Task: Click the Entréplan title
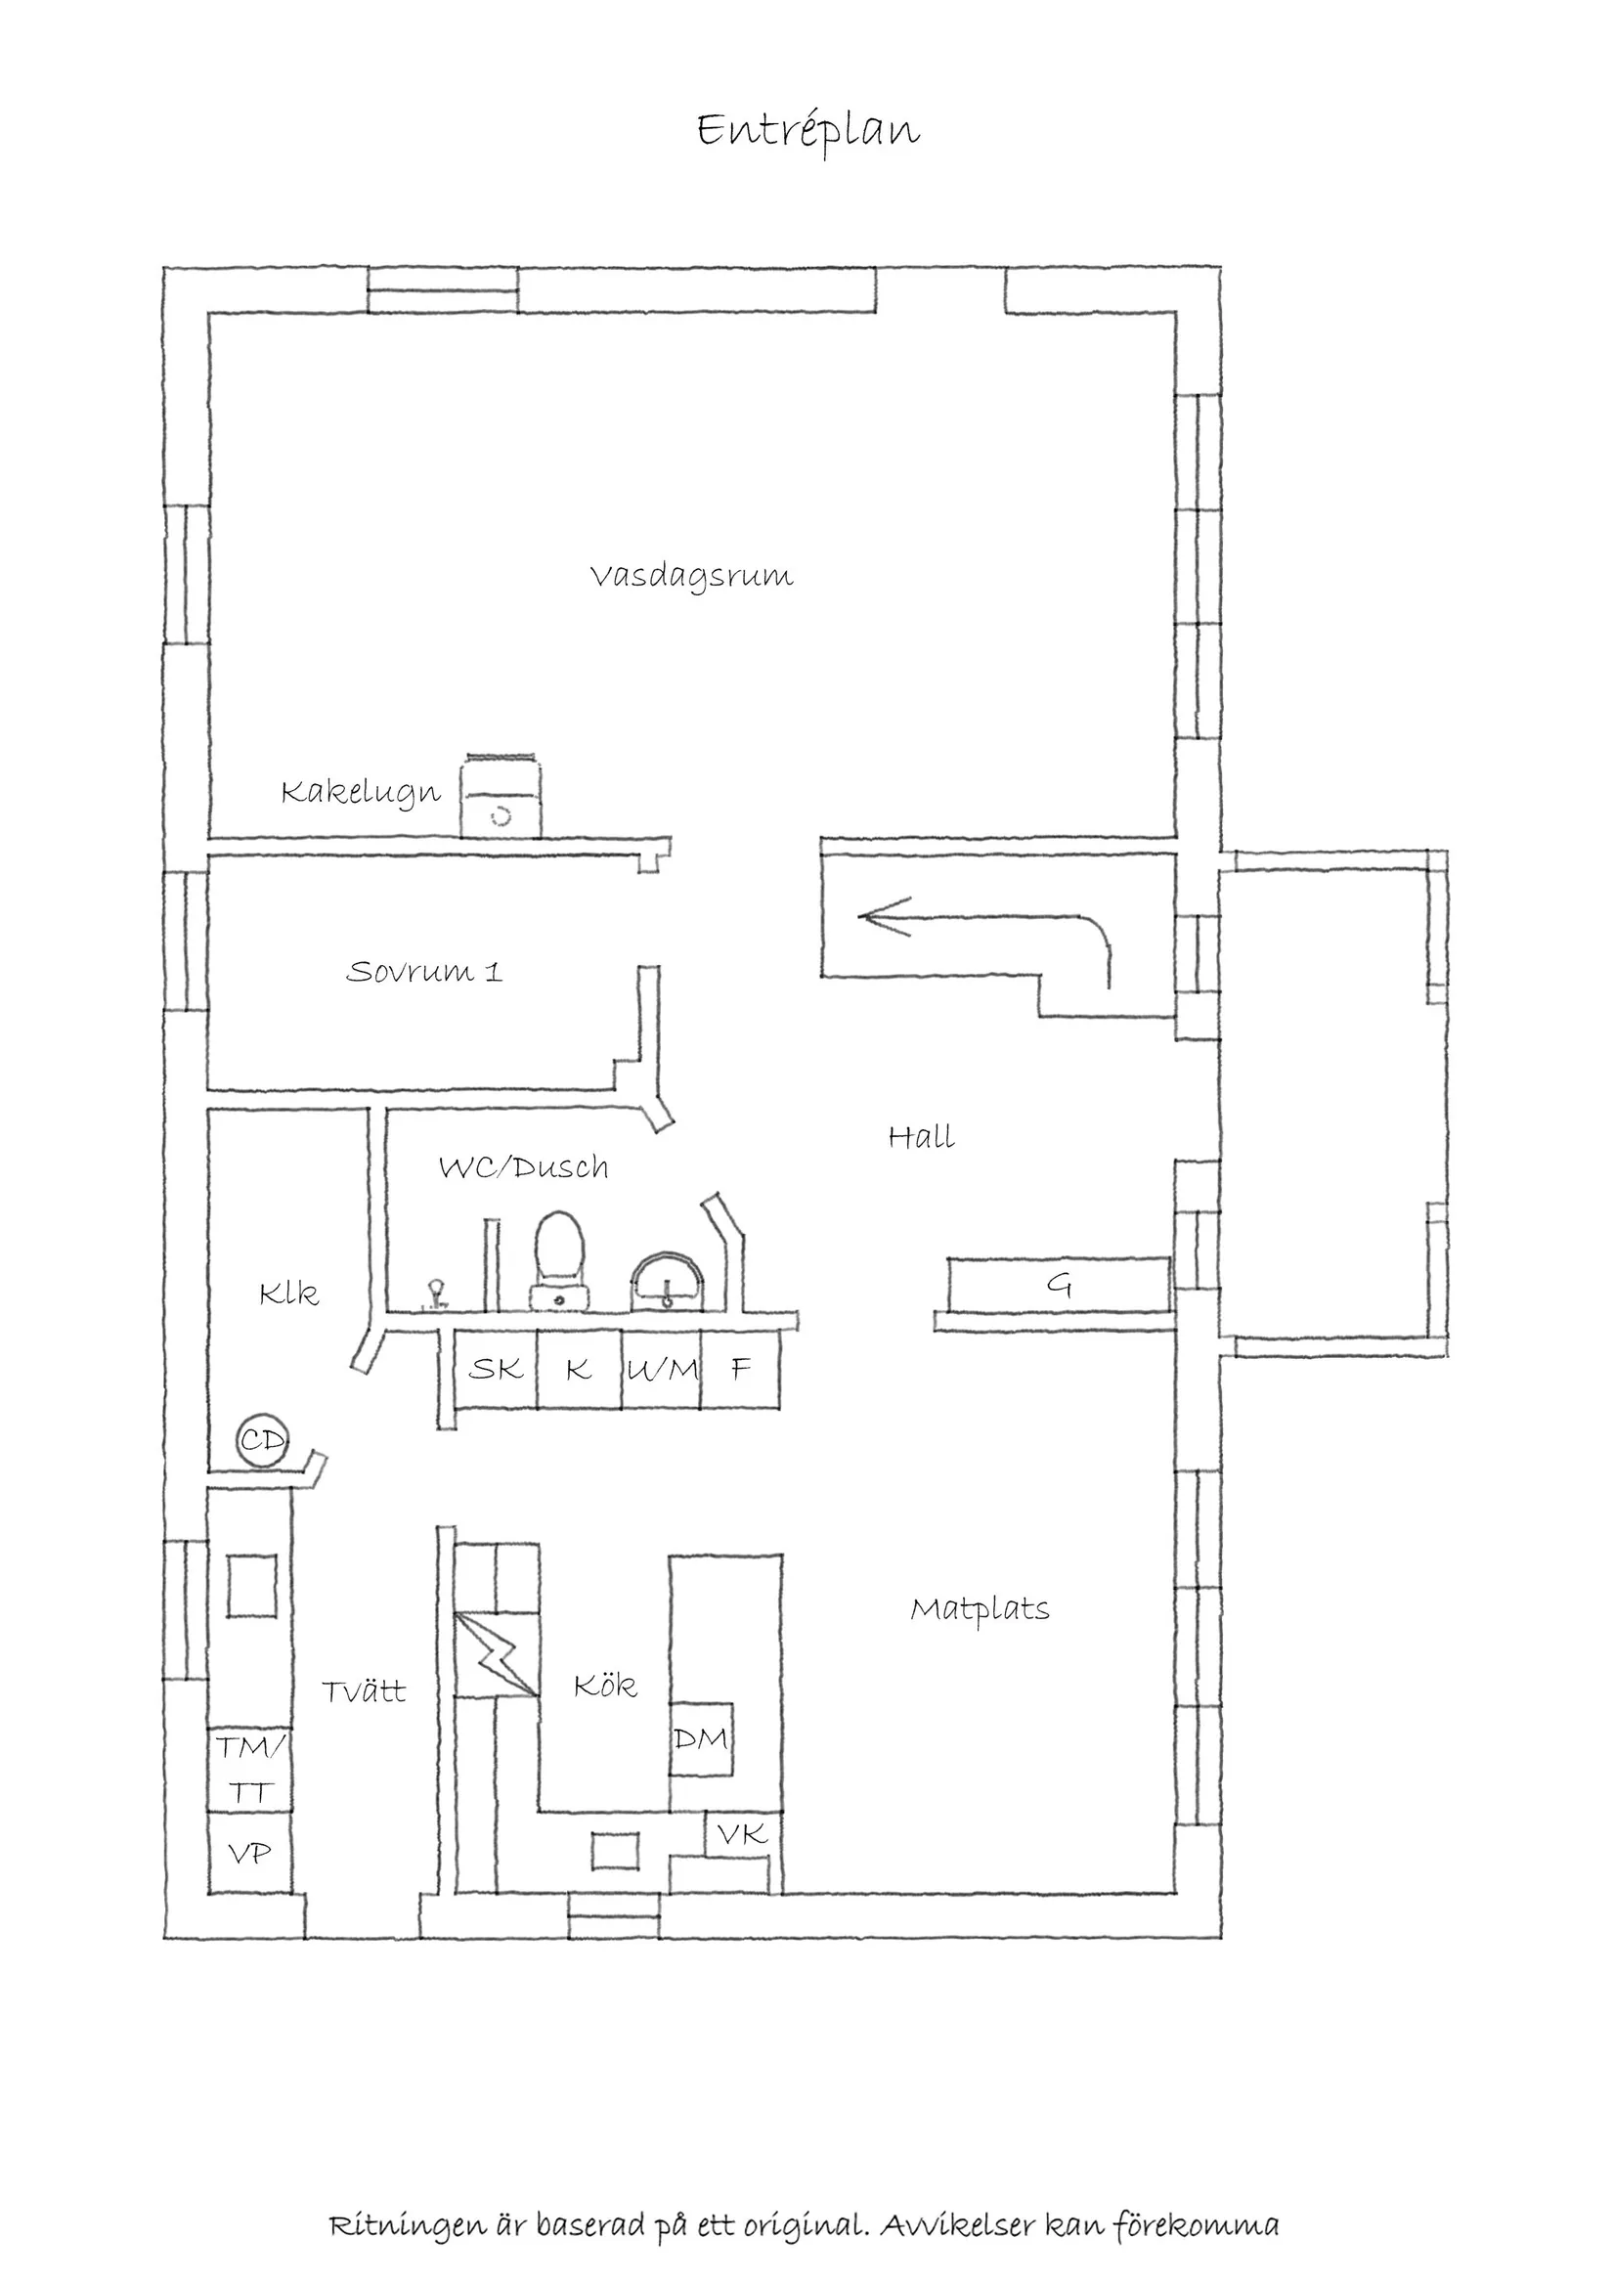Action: pos(807,130)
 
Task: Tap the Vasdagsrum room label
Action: pos(691,576)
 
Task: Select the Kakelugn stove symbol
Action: pos(501,797)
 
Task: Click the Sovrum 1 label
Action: pos(424,971)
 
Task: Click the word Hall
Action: pos(921,1136)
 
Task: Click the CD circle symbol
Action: pos(263,1439)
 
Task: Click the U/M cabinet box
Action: pos(662,1369)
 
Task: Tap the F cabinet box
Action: pos(740,1369)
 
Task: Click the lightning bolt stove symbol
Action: pos(496,1654)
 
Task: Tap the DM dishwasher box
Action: pos(701,1738)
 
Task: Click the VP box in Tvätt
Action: pos(249,1854)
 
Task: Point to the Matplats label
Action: pos(980,1608)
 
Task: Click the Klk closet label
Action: pos(288,1294)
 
